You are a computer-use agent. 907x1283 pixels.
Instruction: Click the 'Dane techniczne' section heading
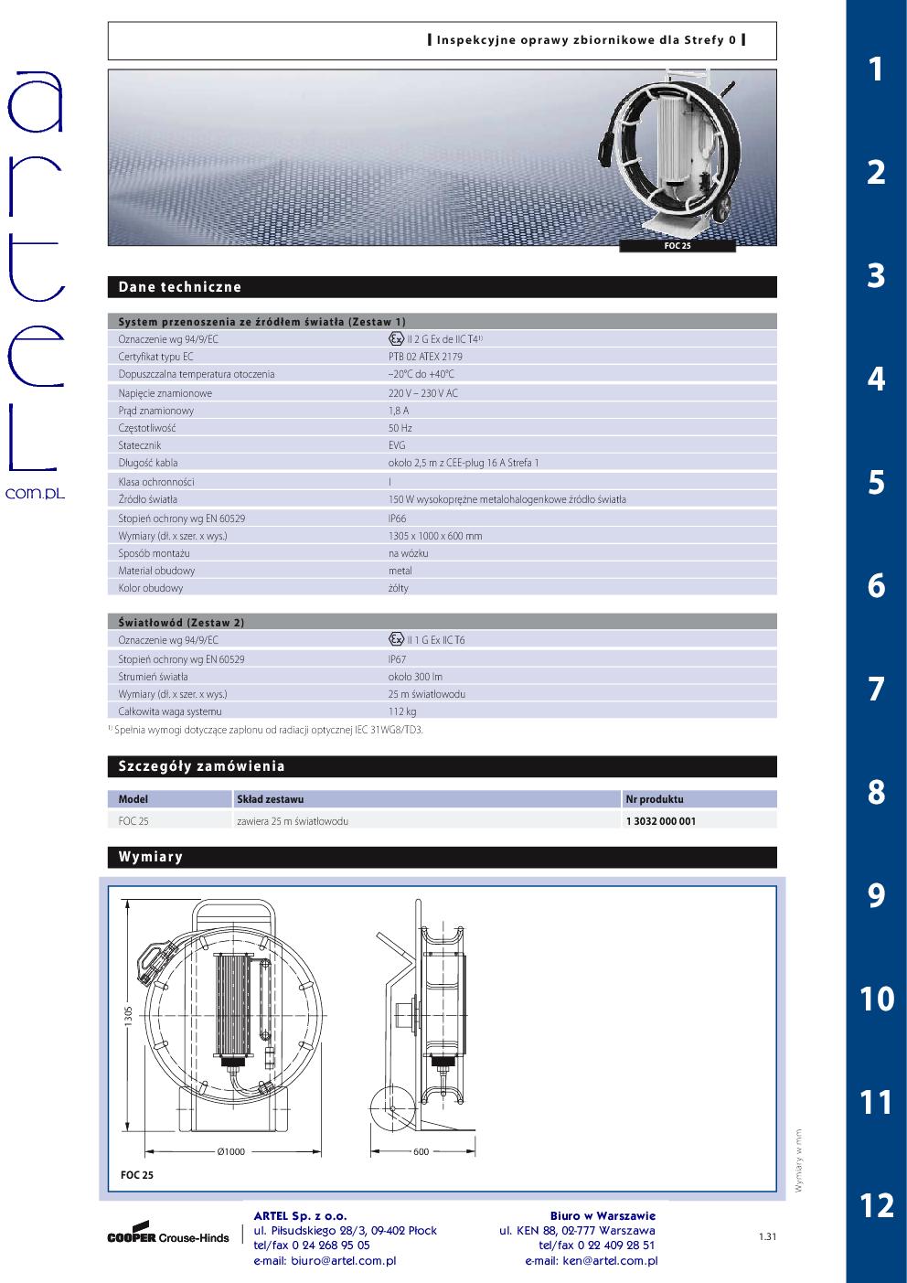point(180,287)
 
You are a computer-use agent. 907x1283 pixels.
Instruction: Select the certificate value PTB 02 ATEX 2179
point(425,357)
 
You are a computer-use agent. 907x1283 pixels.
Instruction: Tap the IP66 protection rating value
point(398,518)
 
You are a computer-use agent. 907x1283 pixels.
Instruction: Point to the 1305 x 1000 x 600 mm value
point(435,536)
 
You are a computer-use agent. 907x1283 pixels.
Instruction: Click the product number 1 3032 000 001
point(660,821)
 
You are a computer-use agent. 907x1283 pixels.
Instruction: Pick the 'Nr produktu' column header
point(655,799)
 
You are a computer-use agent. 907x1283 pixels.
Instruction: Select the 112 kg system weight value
point(402,711)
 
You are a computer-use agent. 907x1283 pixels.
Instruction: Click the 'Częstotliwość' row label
point(147,428)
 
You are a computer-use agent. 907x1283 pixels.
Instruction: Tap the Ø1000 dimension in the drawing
point(231,1151)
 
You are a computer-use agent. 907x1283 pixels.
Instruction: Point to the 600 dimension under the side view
point(421,1151)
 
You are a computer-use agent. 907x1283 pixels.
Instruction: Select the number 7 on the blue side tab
point(876,689)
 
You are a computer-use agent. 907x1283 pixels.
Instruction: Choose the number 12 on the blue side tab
point(876,1205)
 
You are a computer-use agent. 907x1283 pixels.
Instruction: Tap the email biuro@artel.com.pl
point(325,1261)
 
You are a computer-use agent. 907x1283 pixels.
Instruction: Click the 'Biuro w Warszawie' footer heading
point(603,1215)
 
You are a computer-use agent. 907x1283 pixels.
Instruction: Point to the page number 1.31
point(767,1237)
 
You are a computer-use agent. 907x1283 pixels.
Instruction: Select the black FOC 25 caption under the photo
point(677,246)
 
